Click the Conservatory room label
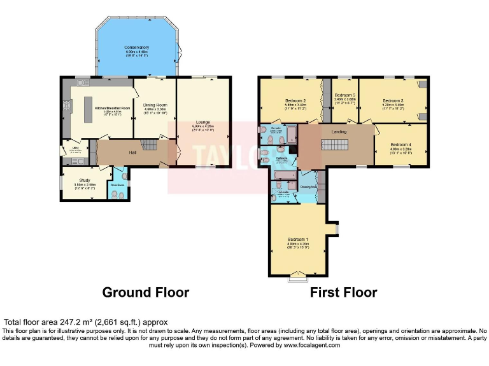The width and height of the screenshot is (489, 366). (x=137, y=48)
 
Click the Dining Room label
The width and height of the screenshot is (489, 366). (x=155, y=105)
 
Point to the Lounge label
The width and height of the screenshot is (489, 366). (x=204, y=122)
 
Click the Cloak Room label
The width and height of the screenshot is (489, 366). (x=118, y=185)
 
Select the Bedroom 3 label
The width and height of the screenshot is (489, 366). (x=393, y=100)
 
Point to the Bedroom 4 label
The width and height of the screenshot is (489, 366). (x=400, y=144)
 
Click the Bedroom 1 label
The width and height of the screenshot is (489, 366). (x=298, y=239)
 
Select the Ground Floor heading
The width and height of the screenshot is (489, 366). (x=146, y=292)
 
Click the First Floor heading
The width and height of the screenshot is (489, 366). (x=343, y=292)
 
